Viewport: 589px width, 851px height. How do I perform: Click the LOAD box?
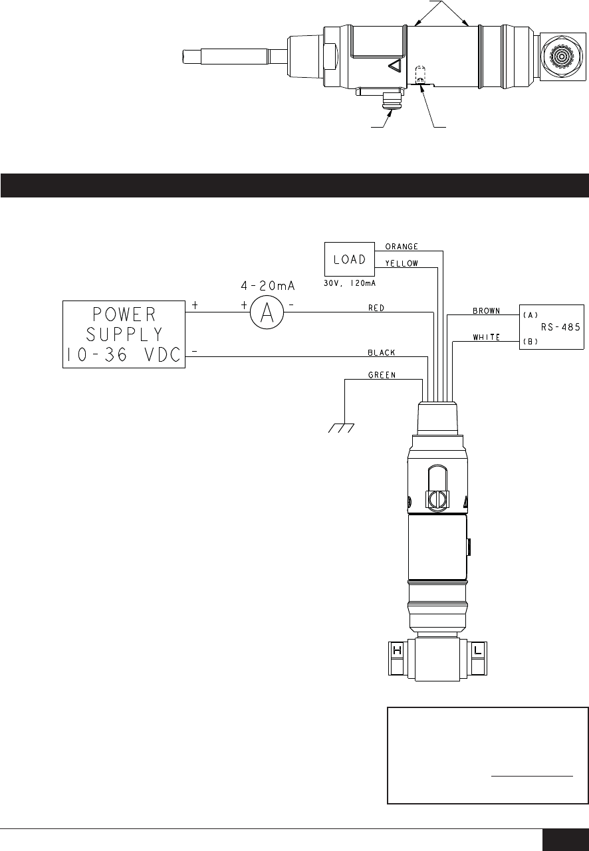pyautogui.click(x=350, y=259)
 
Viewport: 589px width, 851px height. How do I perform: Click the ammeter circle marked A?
pyautogui.click(x=267, y=312)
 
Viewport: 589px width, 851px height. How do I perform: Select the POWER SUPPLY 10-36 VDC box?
pyautogui.click(x=124, y=334)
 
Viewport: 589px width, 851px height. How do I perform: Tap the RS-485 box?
pyautogui.click(x=551, y=326)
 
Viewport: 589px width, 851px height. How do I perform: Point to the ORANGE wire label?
pyautogui.click(x=402, y=247)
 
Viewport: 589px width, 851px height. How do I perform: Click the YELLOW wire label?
pyautogui.click(x=402, y=263)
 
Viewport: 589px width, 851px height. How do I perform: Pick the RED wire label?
pyautogui.click(x=376, y=308)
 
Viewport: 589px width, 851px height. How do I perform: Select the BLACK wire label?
pyautogui.click(x=382, y=352)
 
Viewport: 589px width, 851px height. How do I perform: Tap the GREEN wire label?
pyautogui.click(x=382, y=375)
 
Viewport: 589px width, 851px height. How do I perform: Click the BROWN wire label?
pyautogui.click(x=487, y=310)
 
